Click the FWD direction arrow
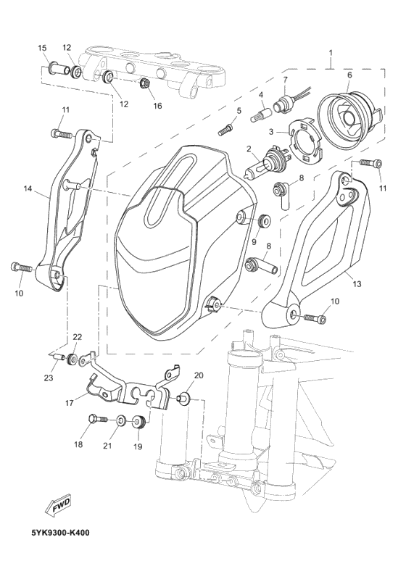pos(58,506)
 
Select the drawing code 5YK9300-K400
pos(60,533)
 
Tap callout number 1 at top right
pos(331,53)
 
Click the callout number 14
pos(28,188)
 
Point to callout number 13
pos(357,283)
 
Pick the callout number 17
pos(69,404)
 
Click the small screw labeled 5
pos(225,130)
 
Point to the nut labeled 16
pos(144,84)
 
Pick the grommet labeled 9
pos(263,220)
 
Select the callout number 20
pos(199,375)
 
